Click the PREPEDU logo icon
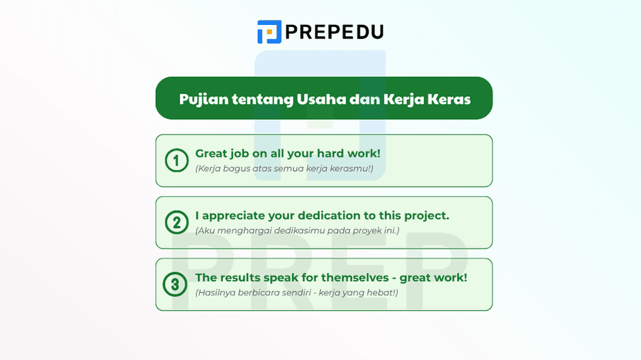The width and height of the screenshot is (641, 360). pos(269,31)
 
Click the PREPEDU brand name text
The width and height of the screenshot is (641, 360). pos(334,31)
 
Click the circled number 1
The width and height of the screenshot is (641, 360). pos(176,161)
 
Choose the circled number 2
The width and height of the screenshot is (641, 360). pos(176,222)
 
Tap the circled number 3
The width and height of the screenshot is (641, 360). pos(176,284)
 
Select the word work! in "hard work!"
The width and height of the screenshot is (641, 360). pos(363,154)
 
